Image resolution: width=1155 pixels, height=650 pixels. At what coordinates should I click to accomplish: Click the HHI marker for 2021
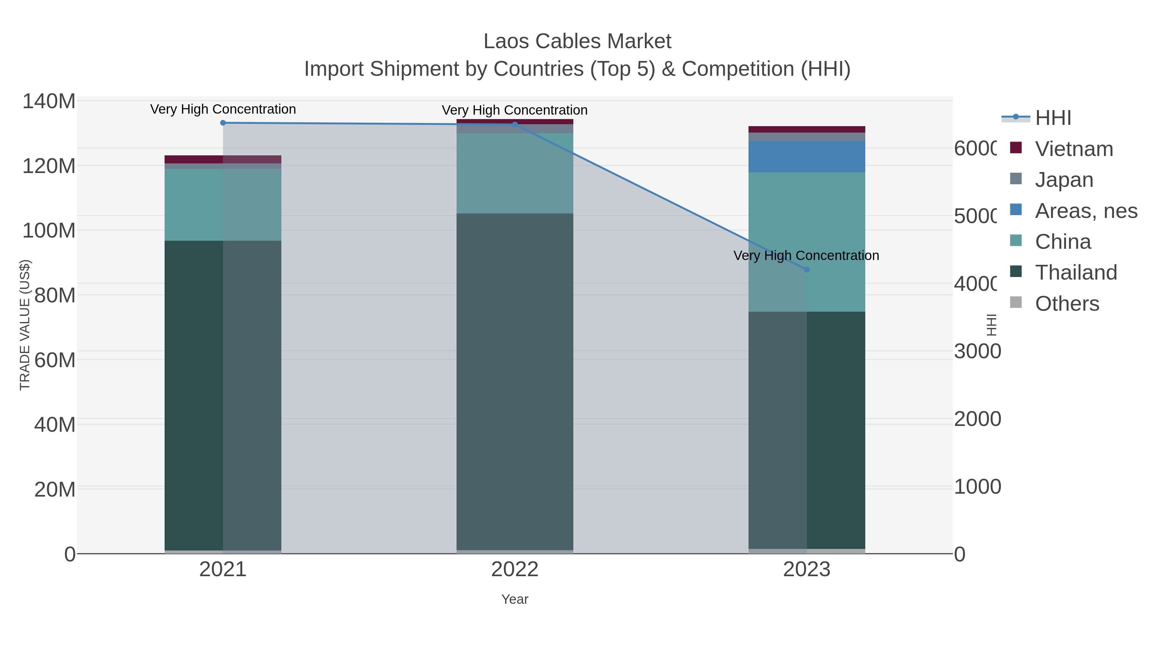(223, 123)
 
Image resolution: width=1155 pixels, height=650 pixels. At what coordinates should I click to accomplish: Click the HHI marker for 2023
(807, 270)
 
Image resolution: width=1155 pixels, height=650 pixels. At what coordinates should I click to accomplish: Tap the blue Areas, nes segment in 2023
(807, 157)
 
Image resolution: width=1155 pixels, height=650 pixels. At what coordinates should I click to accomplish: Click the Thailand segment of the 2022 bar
(515, 381)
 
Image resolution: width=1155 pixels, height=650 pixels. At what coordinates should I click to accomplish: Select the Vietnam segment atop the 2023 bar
(807, 129)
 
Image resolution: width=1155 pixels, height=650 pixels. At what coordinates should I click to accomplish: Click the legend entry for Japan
(1064, 180)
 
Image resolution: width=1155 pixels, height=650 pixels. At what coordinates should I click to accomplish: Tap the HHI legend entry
(1053, 118)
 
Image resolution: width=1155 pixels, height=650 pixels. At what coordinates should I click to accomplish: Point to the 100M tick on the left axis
(49, 230)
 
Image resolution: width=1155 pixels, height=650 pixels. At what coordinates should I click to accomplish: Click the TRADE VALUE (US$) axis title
(25, 325)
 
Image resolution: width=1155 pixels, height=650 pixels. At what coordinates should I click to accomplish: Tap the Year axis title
(515, 599)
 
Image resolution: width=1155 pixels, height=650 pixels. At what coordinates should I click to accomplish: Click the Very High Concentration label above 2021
(223, 109)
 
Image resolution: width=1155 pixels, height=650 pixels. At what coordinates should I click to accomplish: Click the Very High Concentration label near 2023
(806, 256)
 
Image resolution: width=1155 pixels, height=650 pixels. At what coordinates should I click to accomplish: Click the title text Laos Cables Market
(577, 41)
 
